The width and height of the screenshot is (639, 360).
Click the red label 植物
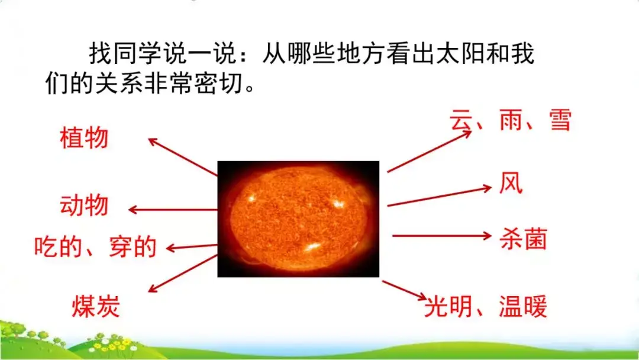coord(84,138)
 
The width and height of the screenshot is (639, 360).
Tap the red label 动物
coord(84,205)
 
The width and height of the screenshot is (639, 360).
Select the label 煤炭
coord(96,306)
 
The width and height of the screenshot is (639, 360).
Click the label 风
coord(511,183)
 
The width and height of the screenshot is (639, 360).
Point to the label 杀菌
coord(523,239)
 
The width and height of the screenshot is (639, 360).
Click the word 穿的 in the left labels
coord(133,247)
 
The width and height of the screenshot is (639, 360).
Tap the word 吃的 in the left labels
coord(58,247)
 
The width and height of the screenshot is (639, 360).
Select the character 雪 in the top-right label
coord(560,120)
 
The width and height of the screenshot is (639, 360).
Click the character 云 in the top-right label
coord(461,120)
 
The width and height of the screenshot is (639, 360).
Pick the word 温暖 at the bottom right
coord(523,307)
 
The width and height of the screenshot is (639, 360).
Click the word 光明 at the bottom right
coord(448,307)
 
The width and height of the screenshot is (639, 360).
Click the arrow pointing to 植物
coord(183,157)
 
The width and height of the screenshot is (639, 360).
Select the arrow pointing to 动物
coord(173,210)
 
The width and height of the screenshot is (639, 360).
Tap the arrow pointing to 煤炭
coord(183,273)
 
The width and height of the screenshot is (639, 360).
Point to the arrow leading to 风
coord(439,196)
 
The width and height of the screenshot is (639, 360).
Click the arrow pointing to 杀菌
coord(442,236)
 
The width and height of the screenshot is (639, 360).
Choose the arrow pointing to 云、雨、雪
coord(429,151)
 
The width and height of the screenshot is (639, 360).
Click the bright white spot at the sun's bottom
coord(313,247)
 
